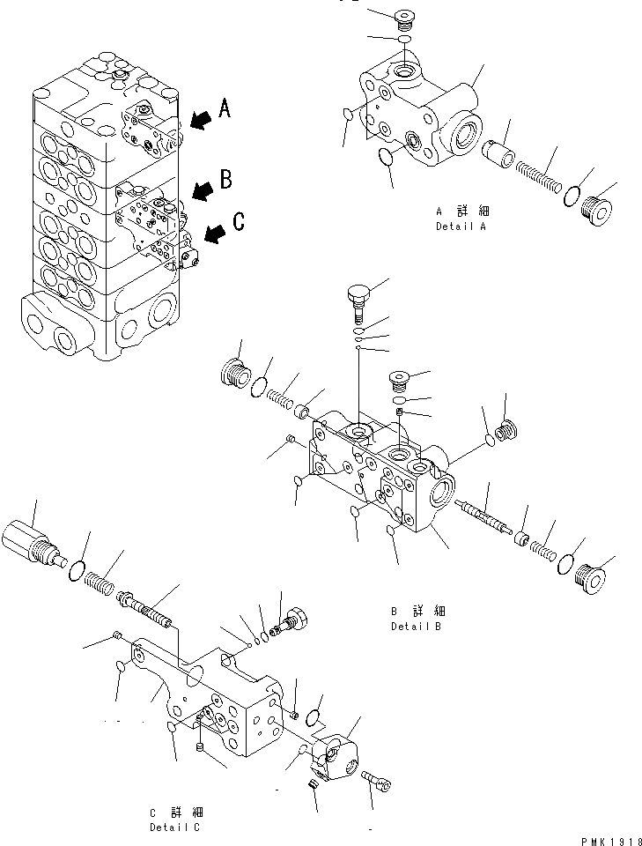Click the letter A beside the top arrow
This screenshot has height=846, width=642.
[x=225, y=108]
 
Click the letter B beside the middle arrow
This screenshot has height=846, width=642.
[x=225, y=180]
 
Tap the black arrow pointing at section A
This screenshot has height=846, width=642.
[x=199, y=119]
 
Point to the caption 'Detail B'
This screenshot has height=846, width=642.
[x=417, y=627]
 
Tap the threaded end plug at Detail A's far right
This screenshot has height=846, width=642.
[x=599, y=211]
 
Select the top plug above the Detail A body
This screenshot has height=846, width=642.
[x=405, y=18]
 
